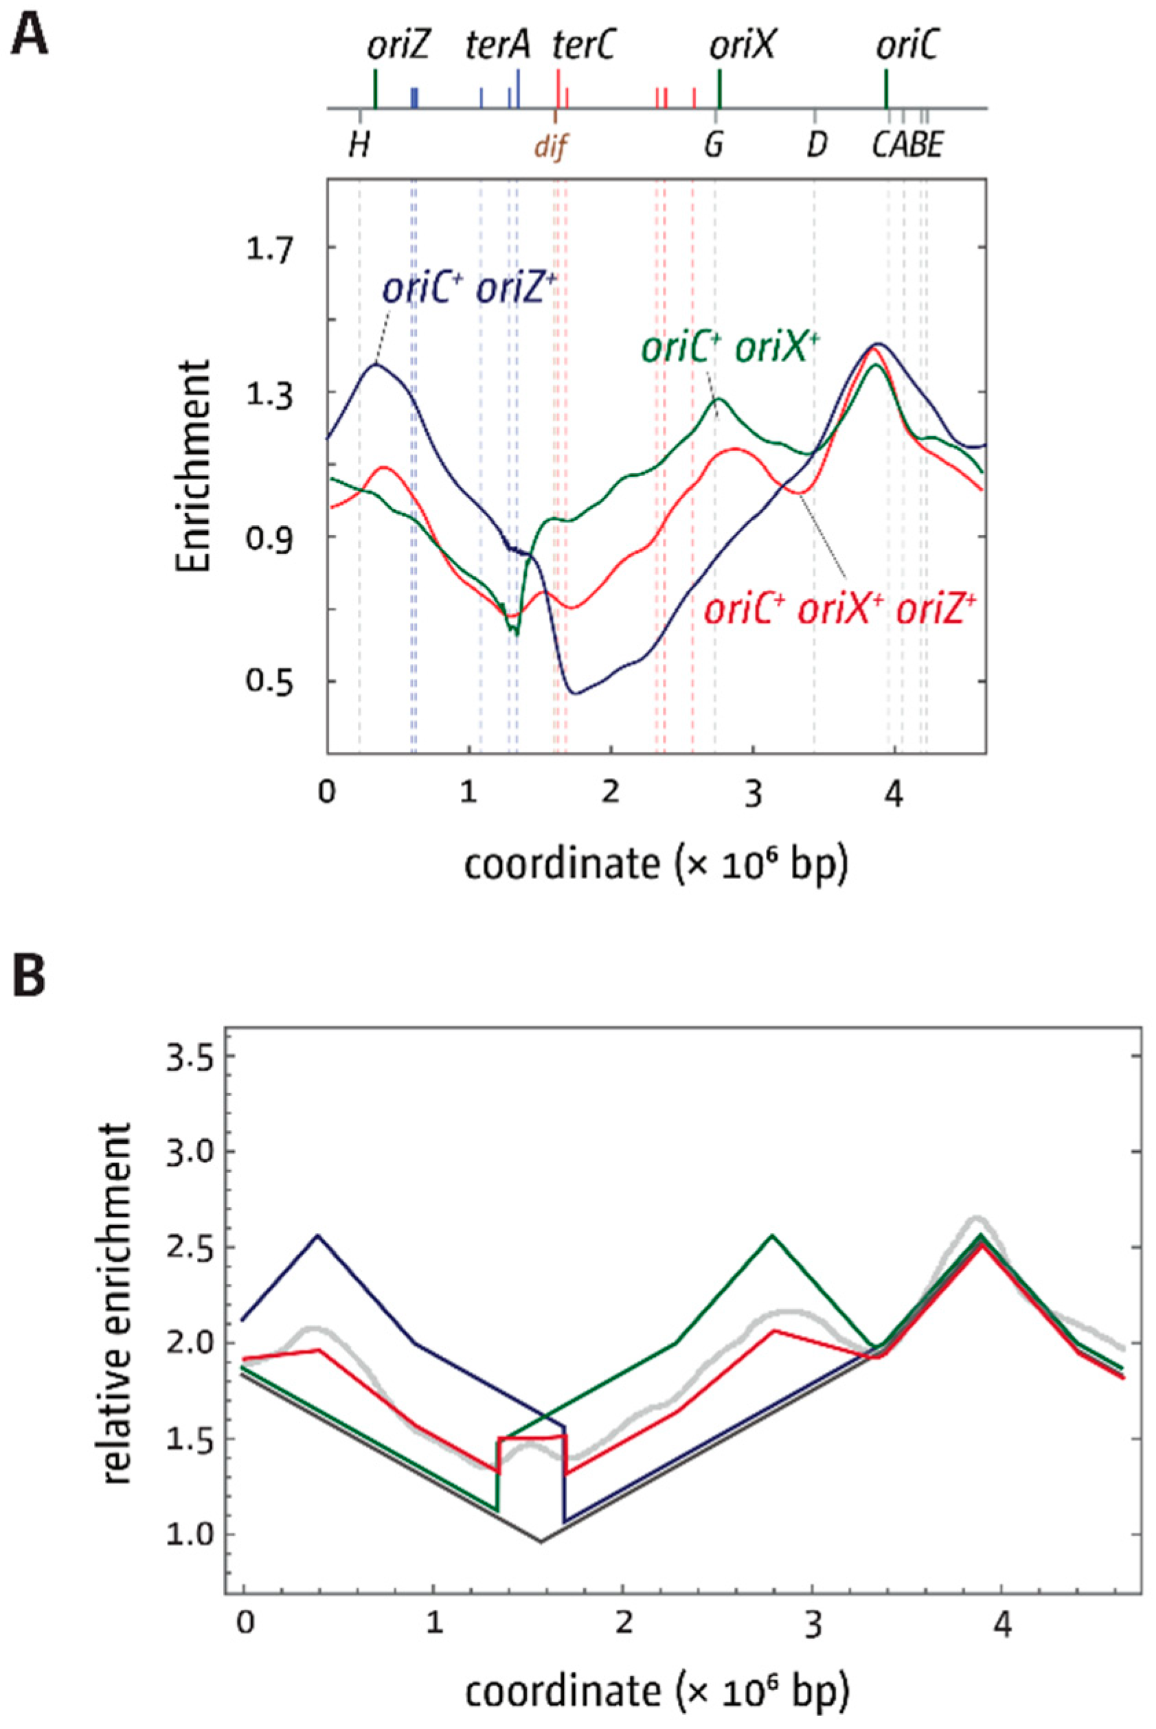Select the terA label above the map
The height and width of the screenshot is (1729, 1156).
499,48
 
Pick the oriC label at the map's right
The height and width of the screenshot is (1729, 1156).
907,48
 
